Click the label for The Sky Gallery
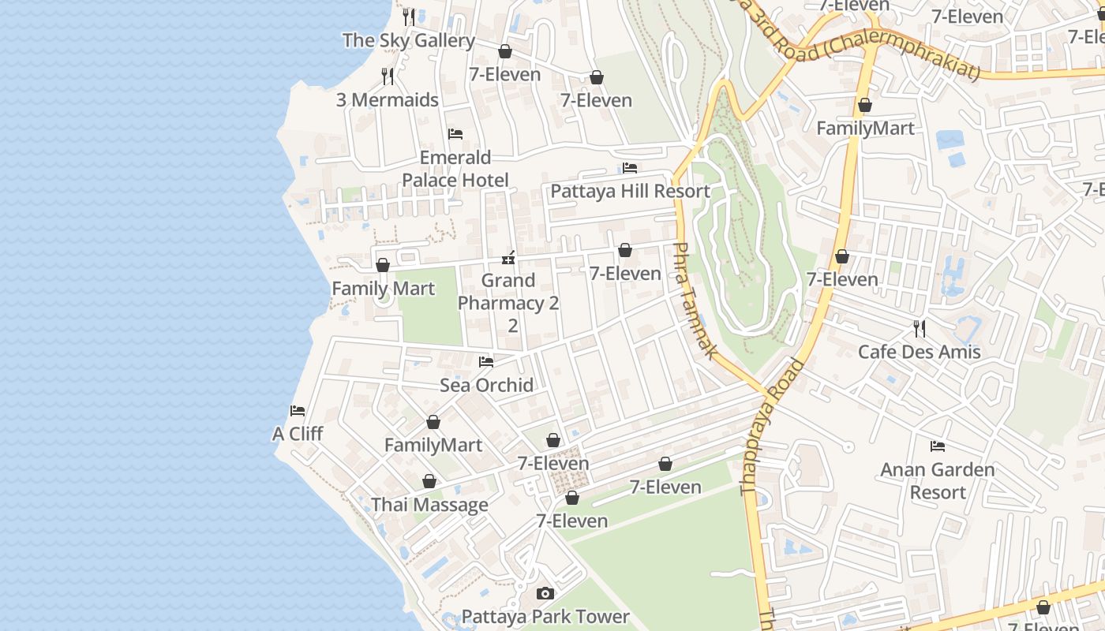[x=408, y=40]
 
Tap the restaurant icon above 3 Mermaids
[x=387, y=76]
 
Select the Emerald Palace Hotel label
[x=455, y=169]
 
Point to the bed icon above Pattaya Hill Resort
[x=630, y=167]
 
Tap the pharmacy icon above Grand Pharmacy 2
[x=509, y=257]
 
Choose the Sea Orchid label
[x=486, y=385]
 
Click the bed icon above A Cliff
[x=298, y=410]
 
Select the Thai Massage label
[x=429, y=505]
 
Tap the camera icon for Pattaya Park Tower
[x=545, y=593]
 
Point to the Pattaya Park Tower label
[x=545, y=617]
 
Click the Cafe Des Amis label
[x=919, y=352]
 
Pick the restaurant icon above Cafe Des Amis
[x=919, y=327]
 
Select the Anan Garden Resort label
[x=938, y=481]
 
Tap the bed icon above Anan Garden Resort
[x=938, y=446]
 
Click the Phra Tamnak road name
[x=695, y=301]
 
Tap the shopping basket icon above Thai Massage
[x=429, y=481]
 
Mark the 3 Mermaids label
[x=387, y=100]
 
